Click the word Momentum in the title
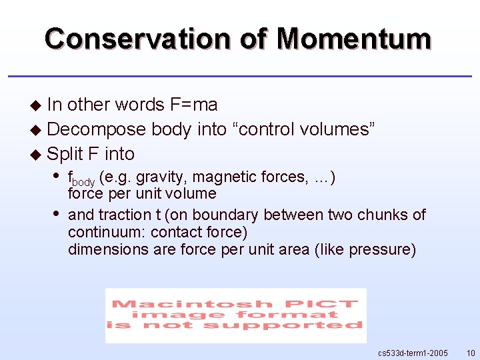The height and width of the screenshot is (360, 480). click(354, 39)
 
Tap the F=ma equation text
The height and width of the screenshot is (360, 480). click(194, 105)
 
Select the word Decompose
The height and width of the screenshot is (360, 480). click(96, 129)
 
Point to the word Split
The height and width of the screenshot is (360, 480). click(65, 153)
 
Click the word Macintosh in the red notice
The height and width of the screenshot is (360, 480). click(177, 304)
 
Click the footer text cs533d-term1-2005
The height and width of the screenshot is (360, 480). click(413, 352)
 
